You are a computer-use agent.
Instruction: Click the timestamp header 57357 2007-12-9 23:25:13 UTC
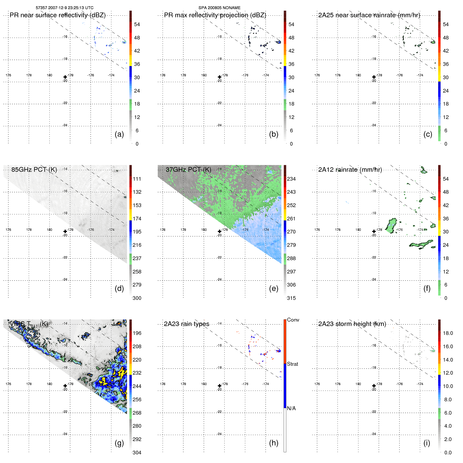click(x=64, y=8)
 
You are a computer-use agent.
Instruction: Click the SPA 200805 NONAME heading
click(x=219, y=8)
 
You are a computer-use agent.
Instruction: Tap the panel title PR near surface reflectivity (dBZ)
click(x=58, y=15)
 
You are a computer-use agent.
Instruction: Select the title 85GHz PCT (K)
click(x=34, y=170)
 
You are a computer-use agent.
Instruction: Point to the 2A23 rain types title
click(x=186, y=324)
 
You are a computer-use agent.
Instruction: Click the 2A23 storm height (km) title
click(x=352, y=324)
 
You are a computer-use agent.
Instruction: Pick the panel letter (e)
click(x=273, y=288)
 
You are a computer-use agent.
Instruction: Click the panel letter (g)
click(x=119, y=443)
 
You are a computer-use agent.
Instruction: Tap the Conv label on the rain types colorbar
click(x=293, y=320)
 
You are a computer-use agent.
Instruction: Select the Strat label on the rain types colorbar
click(x=292, y=364)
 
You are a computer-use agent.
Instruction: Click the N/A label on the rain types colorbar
click(x=291, y=408)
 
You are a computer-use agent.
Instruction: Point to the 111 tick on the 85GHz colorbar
click(x=137, y=179)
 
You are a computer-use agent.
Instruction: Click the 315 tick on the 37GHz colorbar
click(x=291, y=298)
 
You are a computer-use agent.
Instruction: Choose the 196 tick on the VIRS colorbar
click(x=137, y=333)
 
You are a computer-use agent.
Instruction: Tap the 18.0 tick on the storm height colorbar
click(x=448, y=333)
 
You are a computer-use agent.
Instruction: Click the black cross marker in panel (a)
click(x=65, y=77)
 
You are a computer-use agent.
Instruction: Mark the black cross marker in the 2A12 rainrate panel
click(x=374, y=231)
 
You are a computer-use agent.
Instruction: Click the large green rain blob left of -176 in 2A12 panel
click(x=391, y=226)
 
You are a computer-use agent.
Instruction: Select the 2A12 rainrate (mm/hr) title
click(x=350, y=170)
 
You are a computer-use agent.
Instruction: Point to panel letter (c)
click(x=428, y=134)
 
